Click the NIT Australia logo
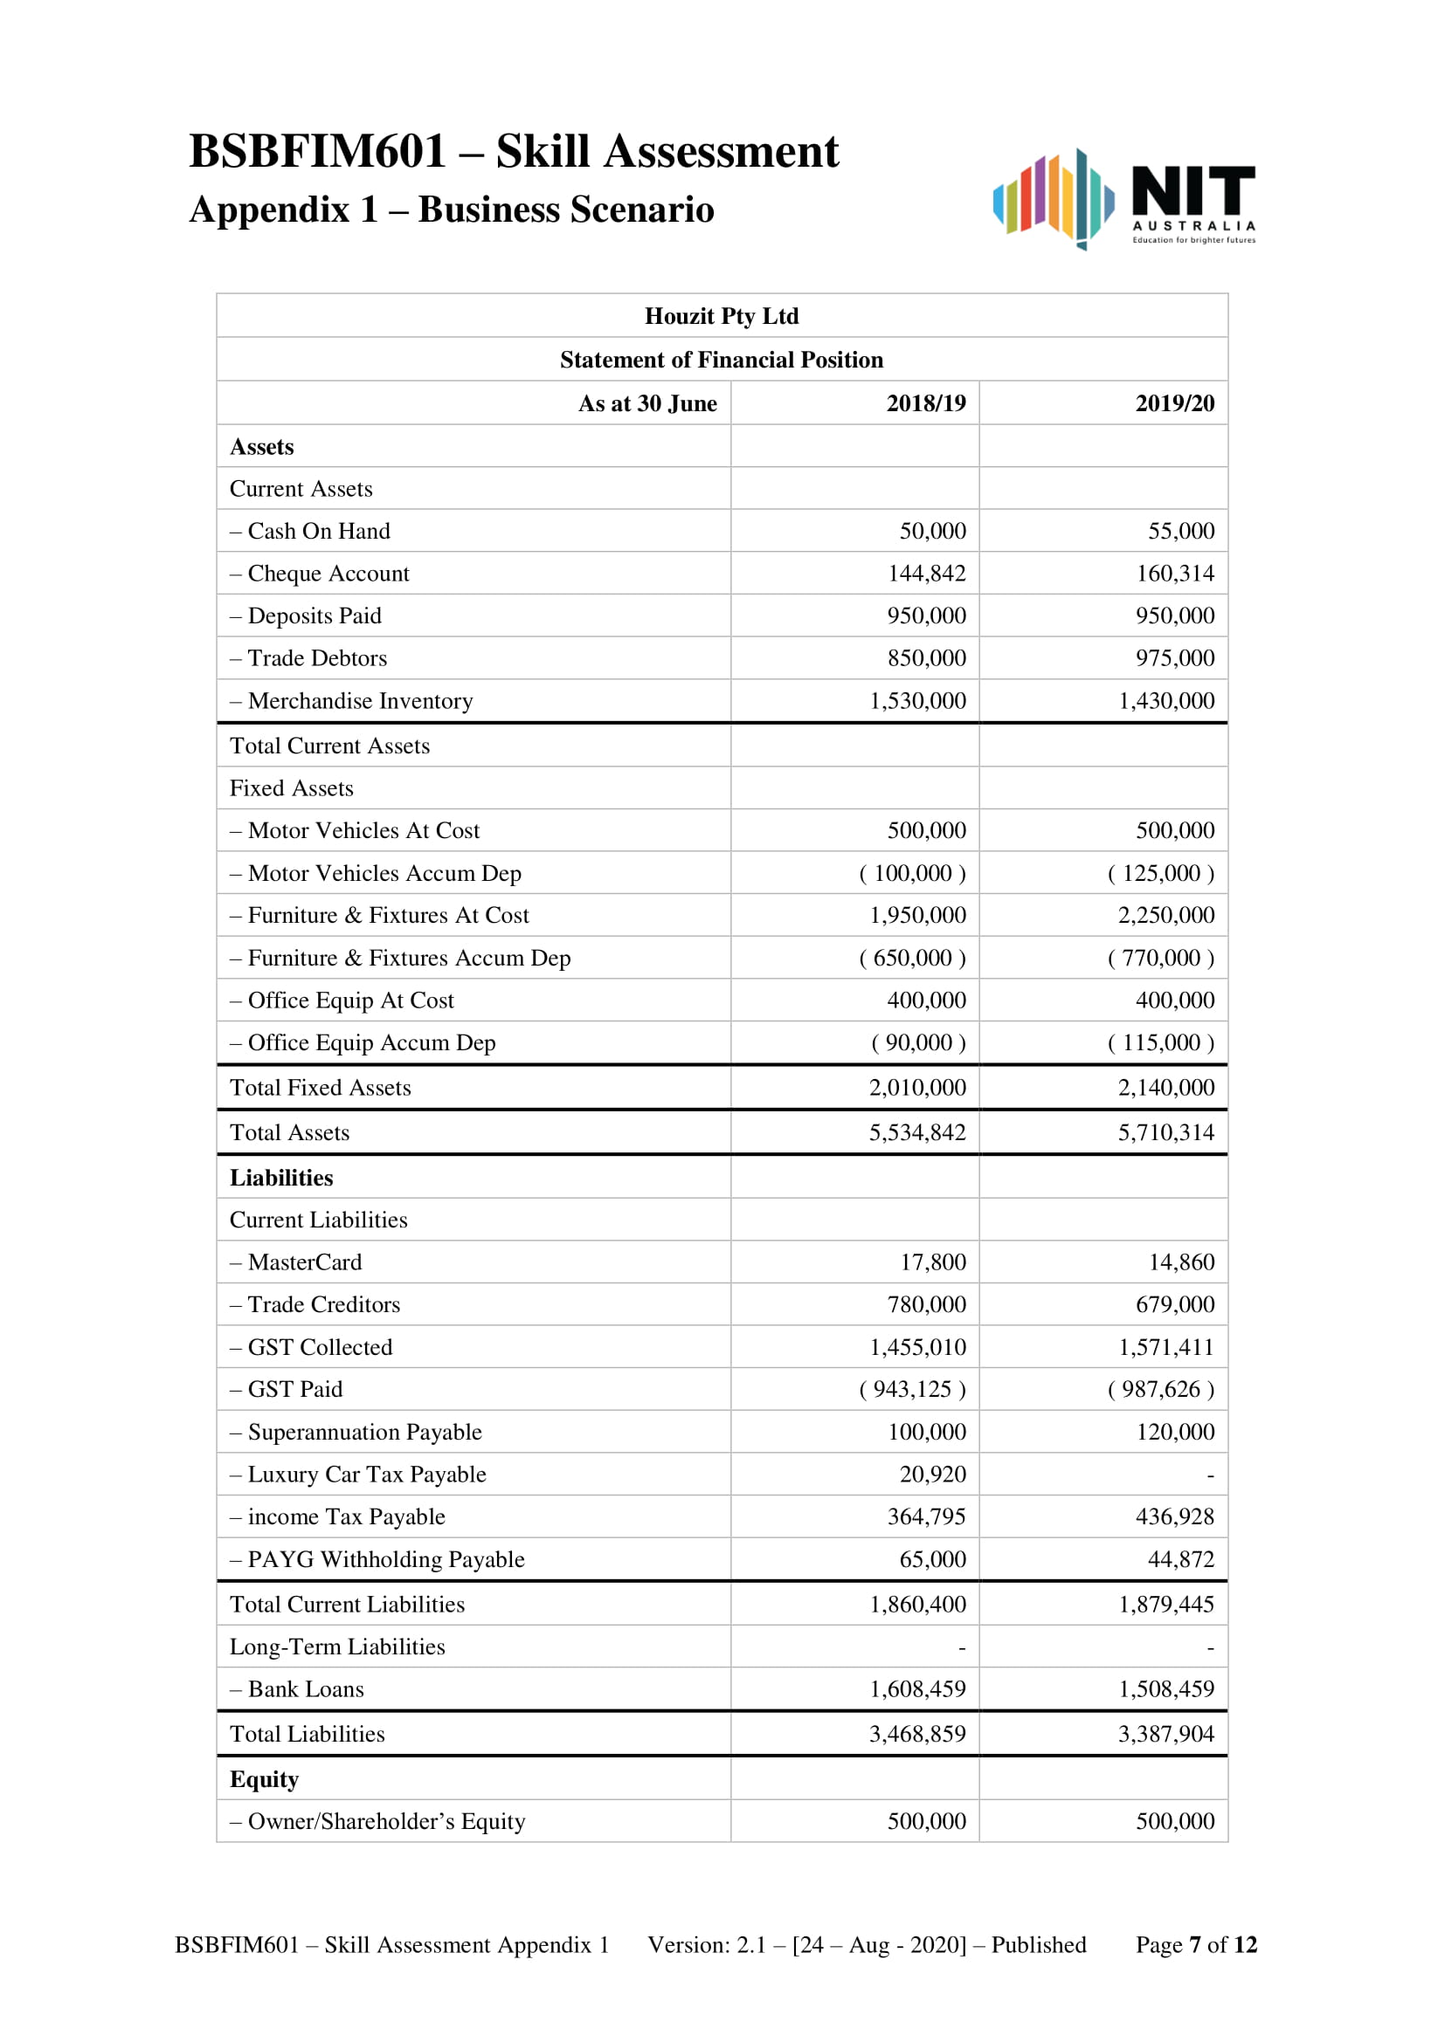coord(1124,199)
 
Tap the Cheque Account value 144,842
coord(926,574)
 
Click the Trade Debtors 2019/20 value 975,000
coord(1173,658)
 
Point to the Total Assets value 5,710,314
coord(1165,1132)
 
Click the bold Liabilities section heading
coord(281,1178)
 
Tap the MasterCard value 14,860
coord(1181,1262)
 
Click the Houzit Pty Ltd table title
coord(722,316)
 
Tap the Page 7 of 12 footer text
coord(1195,1945)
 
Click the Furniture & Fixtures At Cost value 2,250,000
coord(1165,915)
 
